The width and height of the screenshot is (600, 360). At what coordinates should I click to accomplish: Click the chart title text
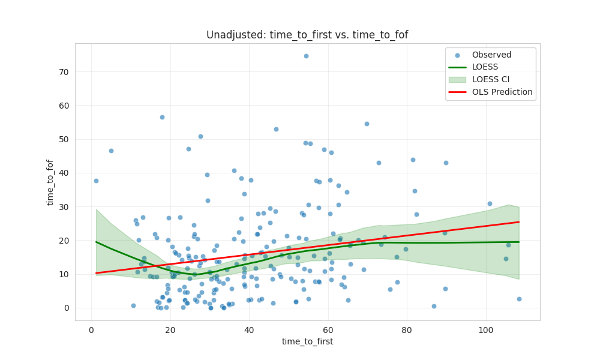[307, 35]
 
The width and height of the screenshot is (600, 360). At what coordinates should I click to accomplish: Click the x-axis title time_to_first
[307, 341]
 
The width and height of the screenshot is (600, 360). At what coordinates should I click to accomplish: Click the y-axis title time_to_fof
[50, 182]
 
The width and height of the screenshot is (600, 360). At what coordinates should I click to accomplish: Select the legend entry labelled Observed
[487, 55]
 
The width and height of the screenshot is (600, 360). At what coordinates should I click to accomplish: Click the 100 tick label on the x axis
[486, 329]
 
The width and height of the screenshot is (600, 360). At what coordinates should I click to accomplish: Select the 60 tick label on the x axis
[328, 329]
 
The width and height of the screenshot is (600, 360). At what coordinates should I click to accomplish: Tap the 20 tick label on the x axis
[170, 329]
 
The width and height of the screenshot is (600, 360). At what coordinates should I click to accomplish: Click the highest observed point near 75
[306, 56]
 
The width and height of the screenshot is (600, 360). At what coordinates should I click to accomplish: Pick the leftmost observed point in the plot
[96, 181]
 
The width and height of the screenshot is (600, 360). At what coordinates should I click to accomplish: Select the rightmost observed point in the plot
[519, 299]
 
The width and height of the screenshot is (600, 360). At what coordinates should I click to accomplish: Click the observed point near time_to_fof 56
[162, 117]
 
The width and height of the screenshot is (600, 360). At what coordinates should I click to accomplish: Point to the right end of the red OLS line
[518, 222]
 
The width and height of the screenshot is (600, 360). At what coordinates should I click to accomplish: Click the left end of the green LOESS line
[97, 242]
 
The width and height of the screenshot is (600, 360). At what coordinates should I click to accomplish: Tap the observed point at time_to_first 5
[111, 151]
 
